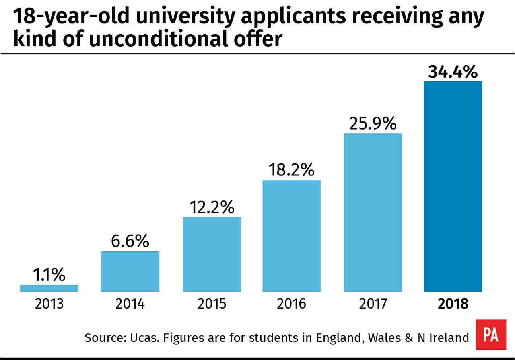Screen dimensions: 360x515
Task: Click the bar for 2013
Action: (49, 288)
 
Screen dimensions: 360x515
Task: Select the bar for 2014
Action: (130, 271)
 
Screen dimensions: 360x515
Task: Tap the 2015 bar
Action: (212, 254)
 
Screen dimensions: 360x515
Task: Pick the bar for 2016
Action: (292, 236)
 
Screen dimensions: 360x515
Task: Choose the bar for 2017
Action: (373, 212)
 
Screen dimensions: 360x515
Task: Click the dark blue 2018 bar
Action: (453, 186)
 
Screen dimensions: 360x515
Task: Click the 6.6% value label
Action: (130, 241)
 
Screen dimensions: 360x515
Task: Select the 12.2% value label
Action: (212, 207)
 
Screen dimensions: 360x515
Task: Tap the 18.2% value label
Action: (292, 170)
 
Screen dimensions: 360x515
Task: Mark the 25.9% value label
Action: (373, 123)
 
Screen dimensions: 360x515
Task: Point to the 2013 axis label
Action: (49, 304)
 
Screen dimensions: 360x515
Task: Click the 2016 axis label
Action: (292, 304)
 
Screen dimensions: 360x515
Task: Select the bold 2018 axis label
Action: (453, 304)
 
